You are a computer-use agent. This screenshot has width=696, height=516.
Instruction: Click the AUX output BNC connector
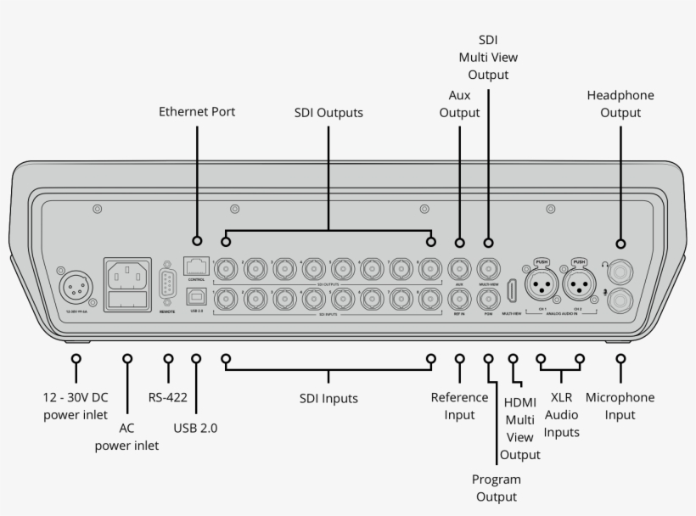[459, 269]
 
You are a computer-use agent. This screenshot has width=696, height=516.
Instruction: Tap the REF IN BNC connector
[459, 299]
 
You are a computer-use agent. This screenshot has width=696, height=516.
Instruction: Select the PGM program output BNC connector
[488, 299]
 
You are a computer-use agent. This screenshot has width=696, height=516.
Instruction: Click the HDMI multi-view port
[514, 291]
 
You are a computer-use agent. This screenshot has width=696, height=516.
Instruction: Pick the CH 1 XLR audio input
[541, 285]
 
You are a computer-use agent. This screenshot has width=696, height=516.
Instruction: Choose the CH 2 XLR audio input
[580, 285]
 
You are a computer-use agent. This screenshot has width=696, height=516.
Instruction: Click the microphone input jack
[621, 300]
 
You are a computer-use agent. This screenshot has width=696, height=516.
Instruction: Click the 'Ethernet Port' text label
[197, 111]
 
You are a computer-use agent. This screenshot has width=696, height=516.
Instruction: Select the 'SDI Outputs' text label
[328, 112]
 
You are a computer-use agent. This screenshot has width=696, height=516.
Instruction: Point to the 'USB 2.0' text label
[196, 429]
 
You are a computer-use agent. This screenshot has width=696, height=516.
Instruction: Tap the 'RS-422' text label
[167, 397]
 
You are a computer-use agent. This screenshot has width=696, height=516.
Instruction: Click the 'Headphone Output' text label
[620, 104]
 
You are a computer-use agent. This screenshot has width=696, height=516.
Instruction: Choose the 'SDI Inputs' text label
[328, 398]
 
